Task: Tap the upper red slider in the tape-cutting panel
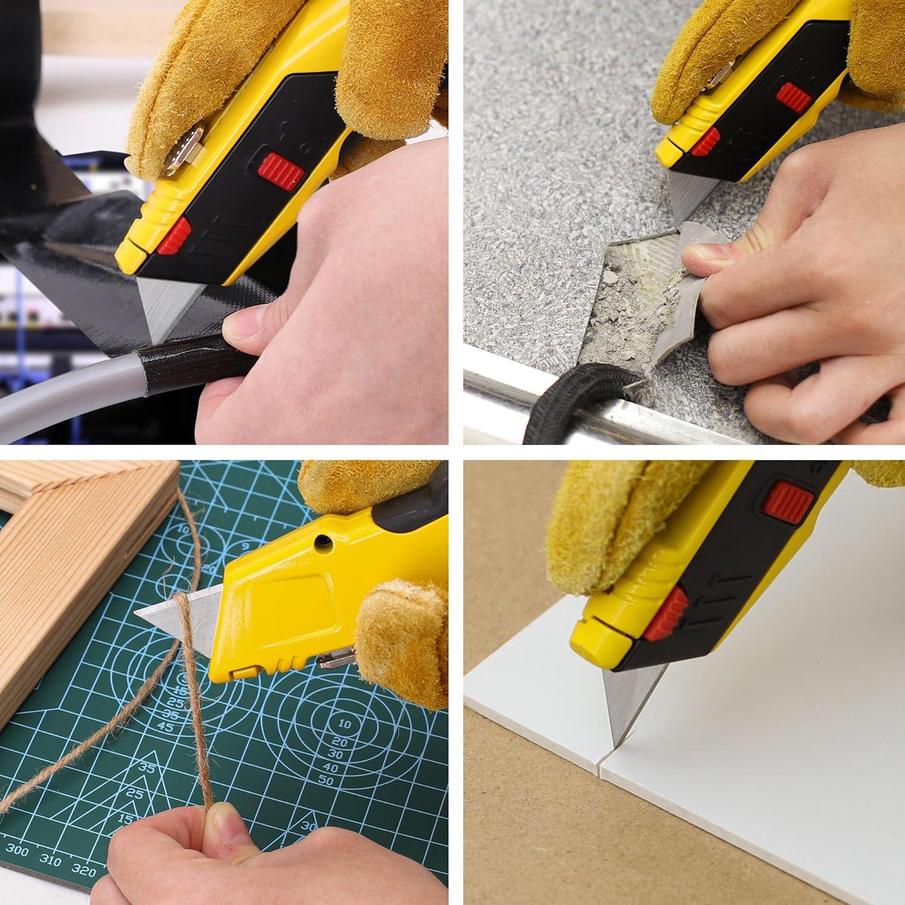click(282, 170)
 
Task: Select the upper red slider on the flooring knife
click(792, 93)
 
